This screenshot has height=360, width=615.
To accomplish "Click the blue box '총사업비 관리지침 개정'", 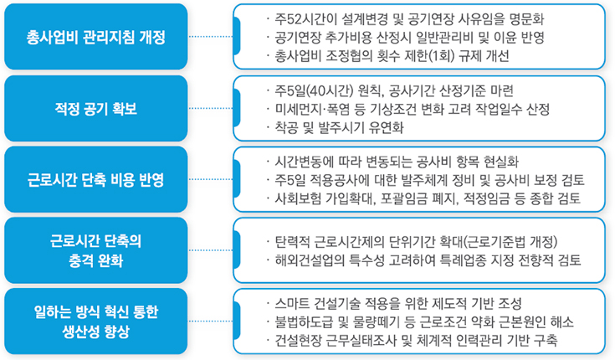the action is coord(95,37).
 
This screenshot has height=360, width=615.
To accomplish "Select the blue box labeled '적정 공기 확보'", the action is coord(95,108).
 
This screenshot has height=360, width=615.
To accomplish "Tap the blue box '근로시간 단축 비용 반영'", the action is coord(95,179).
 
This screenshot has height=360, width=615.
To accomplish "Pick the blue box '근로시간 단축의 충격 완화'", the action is coord(95,250).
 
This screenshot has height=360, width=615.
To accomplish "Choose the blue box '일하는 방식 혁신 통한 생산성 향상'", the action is coord(95,321).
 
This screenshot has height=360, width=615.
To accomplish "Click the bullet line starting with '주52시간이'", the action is coord(405,19).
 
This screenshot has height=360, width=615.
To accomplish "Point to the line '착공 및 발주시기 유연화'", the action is coord(335,127).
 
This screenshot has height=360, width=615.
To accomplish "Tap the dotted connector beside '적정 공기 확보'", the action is coord(211,108).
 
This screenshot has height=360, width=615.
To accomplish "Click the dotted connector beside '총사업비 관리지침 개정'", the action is coord(211,37).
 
